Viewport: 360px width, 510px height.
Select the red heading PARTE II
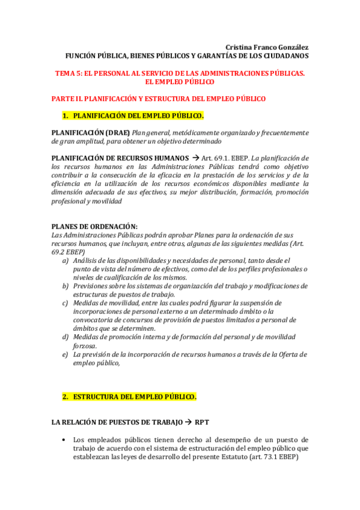[x=158, y=98]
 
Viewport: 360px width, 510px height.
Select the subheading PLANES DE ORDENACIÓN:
[x=94, y=226]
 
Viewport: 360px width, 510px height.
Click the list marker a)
[x=65, y=260]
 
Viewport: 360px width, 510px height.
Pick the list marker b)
[x=65, y=286]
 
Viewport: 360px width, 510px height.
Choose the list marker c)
[x=65, y=303]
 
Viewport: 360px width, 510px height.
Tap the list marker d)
[x=65, y=337]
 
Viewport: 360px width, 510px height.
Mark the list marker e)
[x=65, y=354]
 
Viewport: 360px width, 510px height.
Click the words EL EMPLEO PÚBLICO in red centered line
[x=180, y=81]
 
